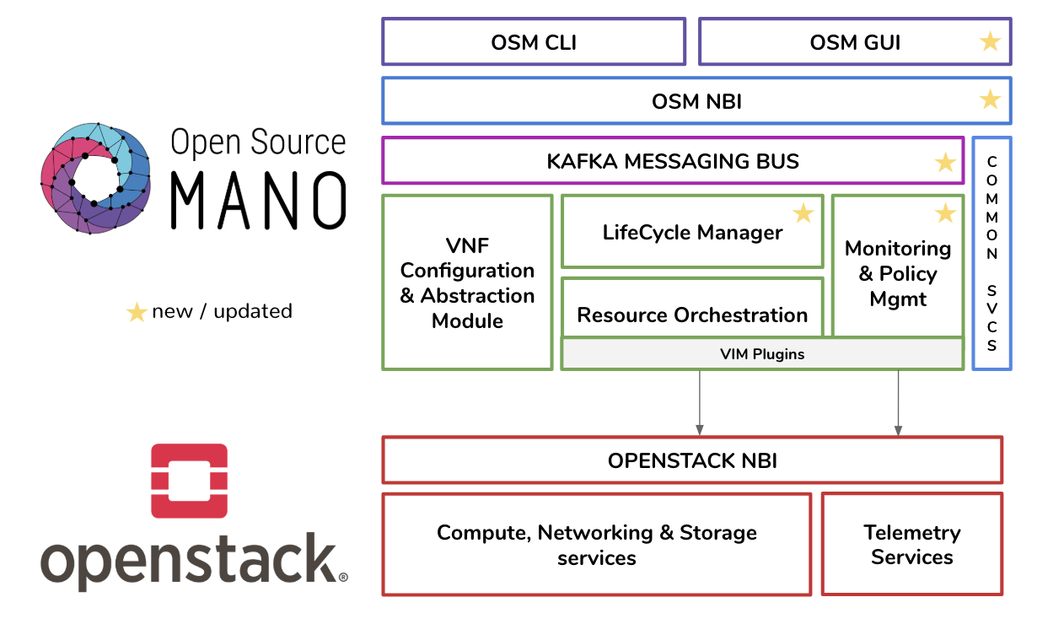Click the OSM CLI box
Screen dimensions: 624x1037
click(x=534, y=42)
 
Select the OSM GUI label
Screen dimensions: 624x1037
click(x=855, y=42)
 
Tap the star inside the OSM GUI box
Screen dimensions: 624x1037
click(x=990, y=41)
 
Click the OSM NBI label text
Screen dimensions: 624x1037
click(x=696, y=101)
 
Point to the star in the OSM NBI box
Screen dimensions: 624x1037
click(x=990, y=100)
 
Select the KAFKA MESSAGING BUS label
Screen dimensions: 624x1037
click(x=673, y=161)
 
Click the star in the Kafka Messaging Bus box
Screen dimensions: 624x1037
click(x=945, y=162)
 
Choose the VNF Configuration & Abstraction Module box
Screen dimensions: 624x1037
click(x=467, y=283)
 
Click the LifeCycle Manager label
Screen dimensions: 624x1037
click(x=692, y=233)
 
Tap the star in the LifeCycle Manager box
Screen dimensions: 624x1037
click(x=803, y=213)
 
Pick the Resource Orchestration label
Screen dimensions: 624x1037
click(x=692, y=315)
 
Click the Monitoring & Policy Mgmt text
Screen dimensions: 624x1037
click(x=898, y=273)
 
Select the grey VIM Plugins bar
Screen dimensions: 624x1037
click(x=762, y=354)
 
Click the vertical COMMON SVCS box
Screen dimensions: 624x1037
click(x=991, y=253)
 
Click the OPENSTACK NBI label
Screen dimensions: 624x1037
click(x=692, y=460)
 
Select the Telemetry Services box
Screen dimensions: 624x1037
click(x=911, y=545)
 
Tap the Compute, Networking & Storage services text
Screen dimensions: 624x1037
click(x=597, y=545)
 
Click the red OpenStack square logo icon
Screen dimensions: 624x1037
click(x=189, y=481)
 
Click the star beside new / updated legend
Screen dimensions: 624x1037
click(x=136, y=312)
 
